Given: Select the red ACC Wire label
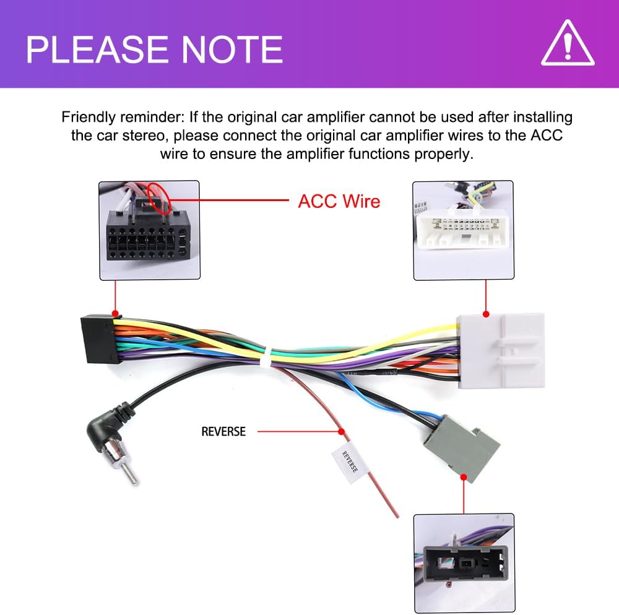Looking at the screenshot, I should coord(339,201).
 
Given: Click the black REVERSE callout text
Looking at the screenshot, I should coord(223,431).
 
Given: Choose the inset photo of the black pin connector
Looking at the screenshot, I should coord(149,230).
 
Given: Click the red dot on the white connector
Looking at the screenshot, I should coord(486,314).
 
